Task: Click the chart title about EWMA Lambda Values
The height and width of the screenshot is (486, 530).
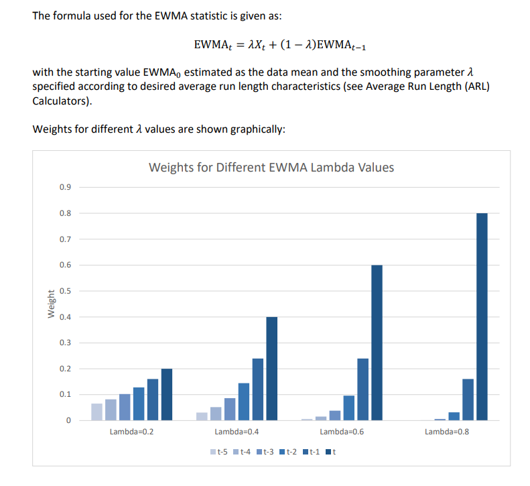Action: tap(271, 167)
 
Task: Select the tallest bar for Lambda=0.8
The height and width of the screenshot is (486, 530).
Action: tap(482, 316)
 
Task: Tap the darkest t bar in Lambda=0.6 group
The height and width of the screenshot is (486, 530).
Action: tap(377, 343)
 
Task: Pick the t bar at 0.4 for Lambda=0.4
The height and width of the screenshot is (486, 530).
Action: tap(271, 368)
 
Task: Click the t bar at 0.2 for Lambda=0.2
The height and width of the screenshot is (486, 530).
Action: tap(167, 394)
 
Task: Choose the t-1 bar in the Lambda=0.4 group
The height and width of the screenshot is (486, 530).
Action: tap(257, 389)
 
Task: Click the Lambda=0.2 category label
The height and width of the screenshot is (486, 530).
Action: tap(131, 432)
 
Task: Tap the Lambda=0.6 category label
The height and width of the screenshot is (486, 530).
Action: tap(342, 432)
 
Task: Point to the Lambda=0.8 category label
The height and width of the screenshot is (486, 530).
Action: tap(447, 432)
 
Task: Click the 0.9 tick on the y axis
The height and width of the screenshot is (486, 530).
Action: tap(65, 187)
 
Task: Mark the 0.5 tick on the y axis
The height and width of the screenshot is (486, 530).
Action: tap(65, 291)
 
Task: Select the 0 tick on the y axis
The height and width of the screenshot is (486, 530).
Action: tap(68, 420)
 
